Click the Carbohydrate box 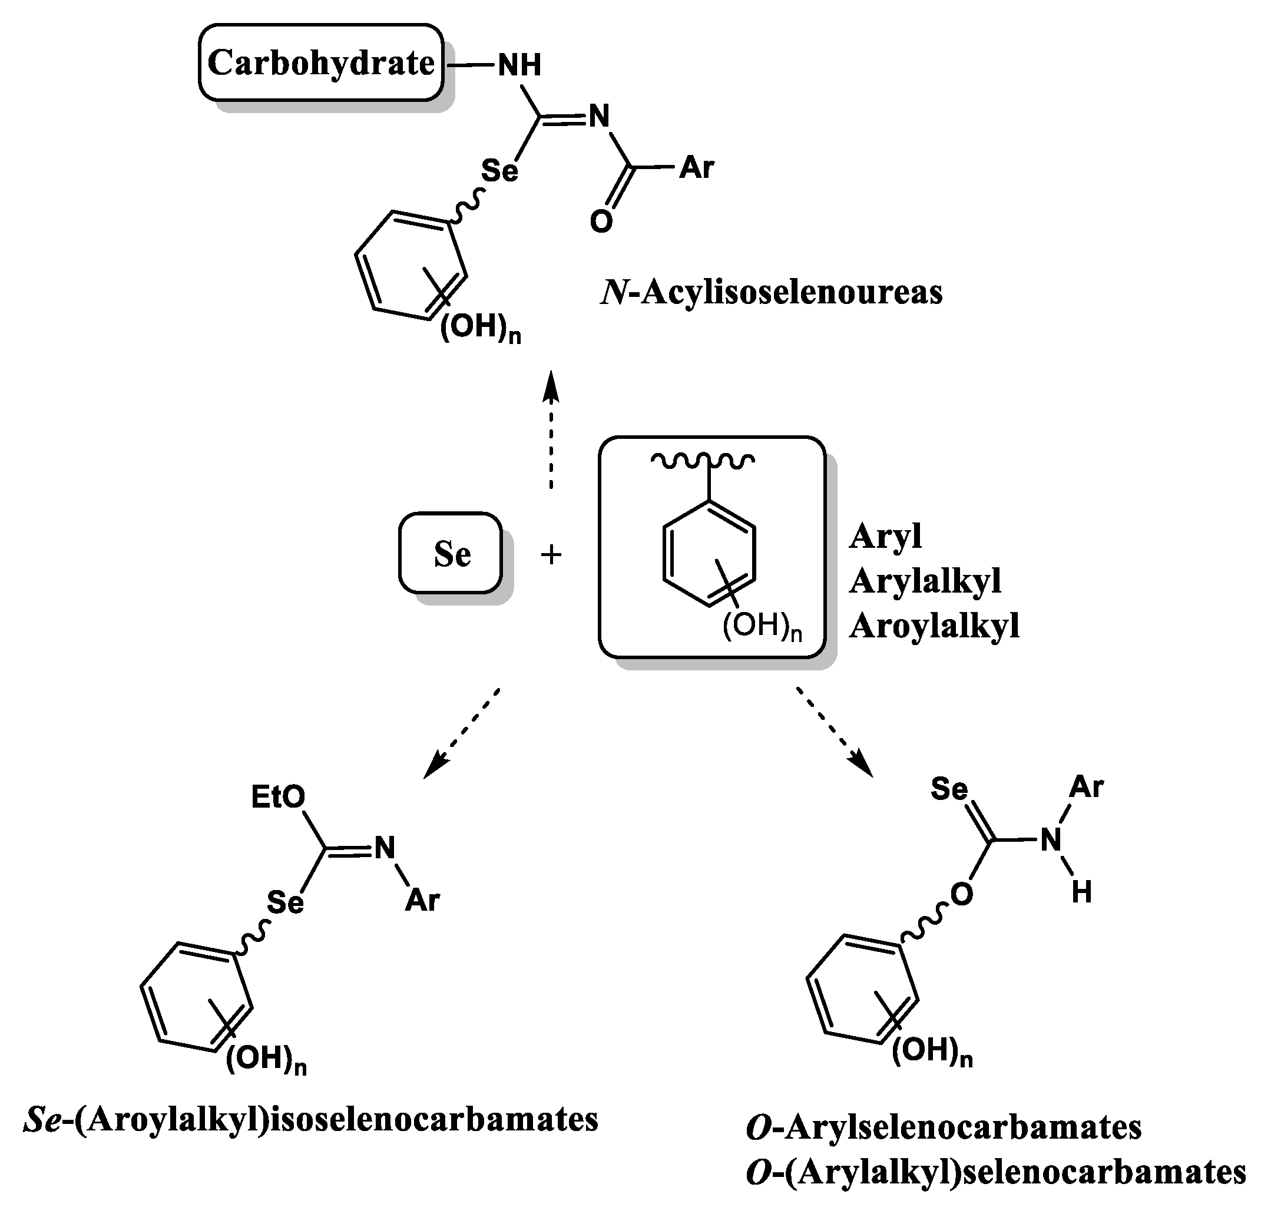pyautogui.click(x=320, y=63)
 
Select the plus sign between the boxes pyautogui.click(x=551, y=554)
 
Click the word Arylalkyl pyautogui.click(x=925, y=580)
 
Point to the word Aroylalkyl pyautogui.click(x=934, y=626)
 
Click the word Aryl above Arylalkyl pyautogui.click(x=885, y=535)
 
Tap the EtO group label pyautogui.click(x=278, y=798)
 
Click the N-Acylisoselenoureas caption pyautogui.click(x=771, y=293)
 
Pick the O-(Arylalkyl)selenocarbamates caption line pyautogui.click(x=996, y=1172)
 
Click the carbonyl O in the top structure pyautogui.click(x=601, y=222)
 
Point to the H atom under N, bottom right pyautogui.click(x=1081, y=892)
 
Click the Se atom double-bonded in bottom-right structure pyautogui.click(x=949, y=788)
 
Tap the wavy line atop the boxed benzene pyautogui.click(x=703, y=460)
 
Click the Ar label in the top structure pyautogui.click(x=696, y=167)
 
